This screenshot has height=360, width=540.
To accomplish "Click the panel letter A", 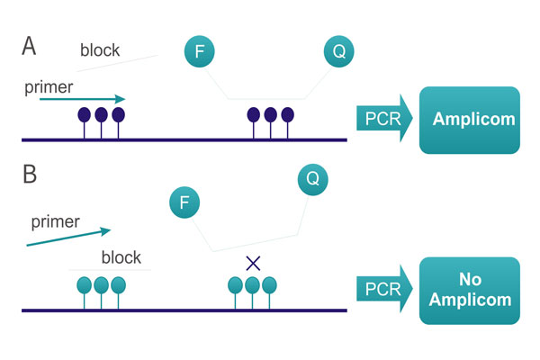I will click(29, 47).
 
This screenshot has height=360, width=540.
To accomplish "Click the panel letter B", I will click(29, 174).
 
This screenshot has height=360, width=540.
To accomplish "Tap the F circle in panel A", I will click(199, 51).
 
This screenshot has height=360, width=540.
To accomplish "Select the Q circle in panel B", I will click(312, 178).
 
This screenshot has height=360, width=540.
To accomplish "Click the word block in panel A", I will click(102, 49).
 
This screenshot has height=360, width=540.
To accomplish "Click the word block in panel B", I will click(121, 256).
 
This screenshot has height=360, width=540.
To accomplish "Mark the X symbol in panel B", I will click(253, 263).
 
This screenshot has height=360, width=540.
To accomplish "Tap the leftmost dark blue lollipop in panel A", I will click(85, 115).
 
